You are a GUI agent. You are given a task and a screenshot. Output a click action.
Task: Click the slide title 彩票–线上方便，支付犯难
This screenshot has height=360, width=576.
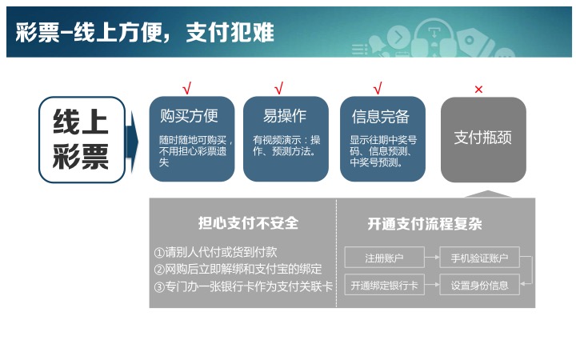pos(145,32)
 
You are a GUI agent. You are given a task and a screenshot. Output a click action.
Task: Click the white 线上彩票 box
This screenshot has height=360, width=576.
pos(82,139)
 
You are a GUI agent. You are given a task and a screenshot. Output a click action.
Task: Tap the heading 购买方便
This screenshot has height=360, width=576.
pos(189,116)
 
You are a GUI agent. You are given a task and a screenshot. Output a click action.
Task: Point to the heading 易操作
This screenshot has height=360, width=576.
pos(285,116)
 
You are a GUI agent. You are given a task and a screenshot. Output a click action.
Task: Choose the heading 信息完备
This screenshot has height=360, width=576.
pos(381,117)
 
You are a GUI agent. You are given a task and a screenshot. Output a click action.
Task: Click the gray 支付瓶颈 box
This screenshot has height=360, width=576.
pos(483,139)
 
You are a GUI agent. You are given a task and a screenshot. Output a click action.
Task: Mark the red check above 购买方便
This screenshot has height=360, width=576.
pos(187,88)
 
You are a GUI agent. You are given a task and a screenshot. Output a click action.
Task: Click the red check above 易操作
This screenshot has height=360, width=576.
pos(279,88)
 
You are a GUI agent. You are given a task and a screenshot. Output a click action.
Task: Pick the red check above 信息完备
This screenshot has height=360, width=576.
pos(378,88)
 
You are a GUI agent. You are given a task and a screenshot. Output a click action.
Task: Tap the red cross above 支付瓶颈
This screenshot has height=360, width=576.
pos(478,90)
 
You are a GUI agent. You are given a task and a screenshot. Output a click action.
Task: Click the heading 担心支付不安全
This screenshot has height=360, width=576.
pos(248,223)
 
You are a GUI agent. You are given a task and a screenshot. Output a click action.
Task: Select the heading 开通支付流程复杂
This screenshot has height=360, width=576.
pos(425,224)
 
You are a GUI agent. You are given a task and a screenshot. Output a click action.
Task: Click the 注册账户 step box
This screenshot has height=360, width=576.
pos(384,257)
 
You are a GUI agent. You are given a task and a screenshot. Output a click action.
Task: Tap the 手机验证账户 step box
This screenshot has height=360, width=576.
pos(479,257)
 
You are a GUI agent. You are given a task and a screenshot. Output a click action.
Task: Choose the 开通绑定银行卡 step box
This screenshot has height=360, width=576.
pos(384,285)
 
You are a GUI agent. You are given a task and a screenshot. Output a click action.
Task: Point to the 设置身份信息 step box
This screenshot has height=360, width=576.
pos(479,285)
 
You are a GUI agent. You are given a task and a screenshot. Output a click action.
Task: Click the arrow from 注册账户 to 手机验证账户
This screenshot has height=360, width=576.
pos(432,257)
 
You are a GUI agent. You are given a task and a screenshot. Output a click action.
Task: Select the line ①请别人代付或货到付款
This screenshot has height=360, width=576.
pos(216,252)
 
